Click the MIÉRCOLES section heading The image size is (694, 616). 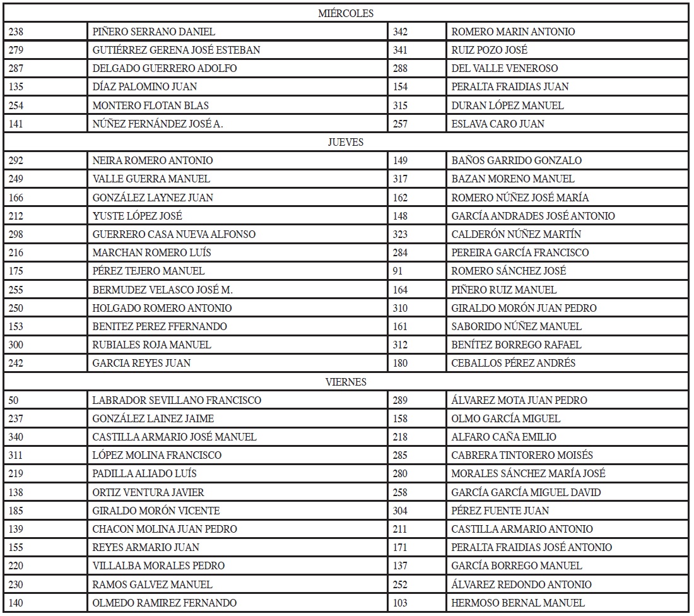tap(346, 13)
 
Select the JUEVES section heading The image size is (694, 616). tap(346, 142)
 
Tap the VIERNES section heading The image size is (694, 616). tap(346, 382)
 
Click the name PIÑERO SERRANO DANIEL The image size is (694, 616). tap(153, 32)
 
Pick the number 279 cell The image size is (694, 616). tap(16, 50)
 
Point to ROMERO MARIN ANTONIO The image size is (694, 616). tap(513, 32)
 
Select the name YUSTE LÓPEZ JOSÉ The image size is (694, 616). tap(137, 216)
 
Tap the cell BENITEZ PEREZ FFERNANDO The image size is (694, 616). tap(160, 326)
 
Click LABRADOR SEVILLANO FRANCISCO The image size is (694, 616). tap(177, 400)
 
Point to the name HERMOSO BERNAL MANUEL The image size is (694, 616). tap(518, 603)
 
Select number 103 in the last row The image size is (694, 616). tap(400, 603)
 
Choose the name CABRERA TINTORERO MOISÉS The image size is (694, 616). tap(522, 455)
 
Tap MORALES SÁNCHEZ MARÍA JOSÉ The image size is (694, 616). tap(528, 473)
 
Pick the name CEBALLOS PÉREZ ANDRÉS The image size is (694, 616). tap(513, 363)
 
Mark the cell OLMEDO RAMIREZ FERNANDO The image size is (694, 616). tap(164, 603)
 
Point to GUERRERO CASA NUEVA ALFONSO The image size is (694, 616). tap(173, 234)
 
